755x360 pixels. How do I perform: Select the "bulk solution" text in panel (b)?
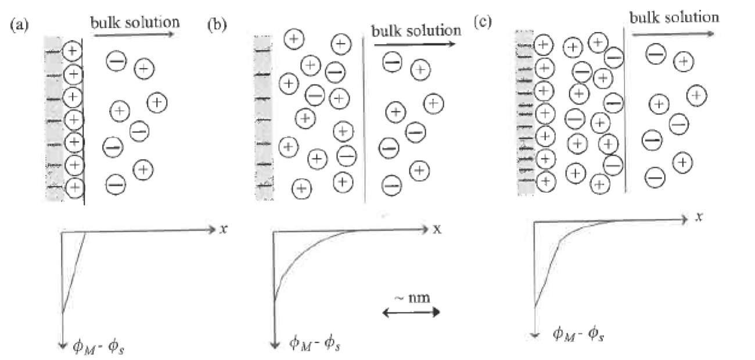click(416, 30)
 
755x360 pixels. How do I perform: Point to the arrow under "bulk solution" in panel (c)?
click(674, 34)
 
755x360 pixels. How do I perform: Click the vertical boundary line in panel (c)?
click(624, 110)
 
